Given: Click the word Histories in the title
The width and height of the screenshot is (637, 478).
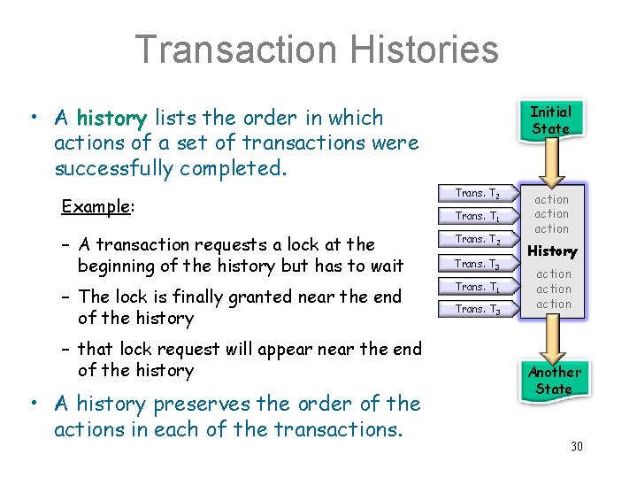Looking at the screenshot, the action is (428, 50).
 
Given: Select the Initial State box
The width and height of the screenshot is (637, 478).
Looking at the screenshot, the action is (550, 119).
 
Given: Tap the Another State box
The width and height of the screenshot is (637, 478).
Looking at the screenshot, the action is (554, 381).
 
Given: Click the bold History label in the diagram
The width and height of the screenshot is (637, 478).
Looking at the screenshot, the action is (552, 251).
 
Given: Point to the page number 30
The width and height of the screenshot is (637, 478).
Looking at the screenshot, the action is (577, 446).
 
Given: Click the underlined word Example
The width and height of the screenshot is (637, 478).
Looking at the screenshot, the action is (95, 206).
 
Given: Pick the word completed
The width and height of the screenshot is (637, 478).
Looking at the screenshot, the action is (241, 167).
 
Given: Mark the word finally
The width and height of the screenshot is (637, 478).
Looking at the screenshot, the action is (196, 297).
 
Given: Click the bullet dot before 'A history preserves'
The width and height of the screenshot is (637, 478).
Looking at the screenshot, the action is (31, 404).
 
